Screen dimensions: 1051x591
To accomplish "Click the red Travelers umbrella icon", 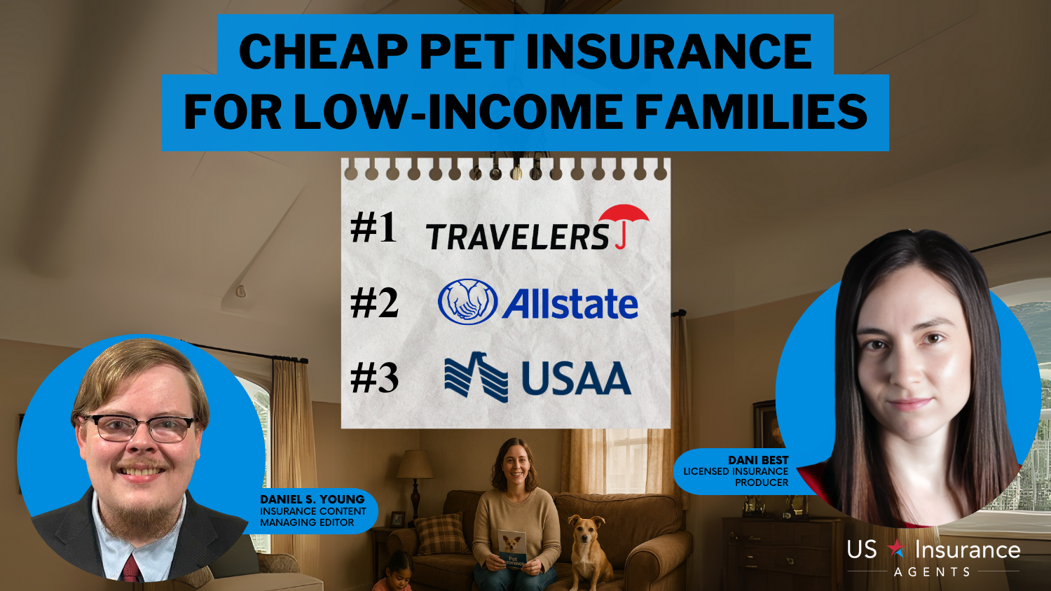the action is (624, 221).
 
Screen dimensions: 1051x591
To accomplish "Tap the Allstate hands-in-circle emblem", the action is (467, 302).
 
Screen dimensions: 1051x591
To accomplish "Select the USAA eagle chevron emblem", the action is (476, 377).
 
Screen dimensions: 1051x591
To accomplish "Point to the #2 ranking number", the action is (374, 303).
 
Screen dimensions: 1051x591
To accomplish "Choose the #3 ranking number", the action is (374, 378).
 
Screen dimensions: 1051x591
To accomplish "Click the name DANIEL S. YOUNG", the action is (312, 499).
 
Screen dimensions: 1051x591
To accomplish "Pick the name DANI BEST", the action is (758, 460).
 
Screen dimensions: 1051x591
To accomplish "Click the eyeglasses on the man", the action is (139, 428).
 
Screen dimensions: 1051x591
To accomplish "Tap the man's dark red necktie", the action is (132, 569).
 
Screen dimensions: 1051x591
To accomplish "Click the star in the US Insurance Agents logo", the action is (896, 548).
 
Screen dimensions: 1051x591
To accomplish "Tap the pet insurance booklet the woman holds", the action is (512, 549).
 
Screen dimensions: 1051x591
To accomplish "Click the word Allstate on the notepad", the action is (570, 304).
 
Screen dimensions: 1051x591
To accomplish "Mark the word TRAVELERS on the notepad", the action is (518, 237).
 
